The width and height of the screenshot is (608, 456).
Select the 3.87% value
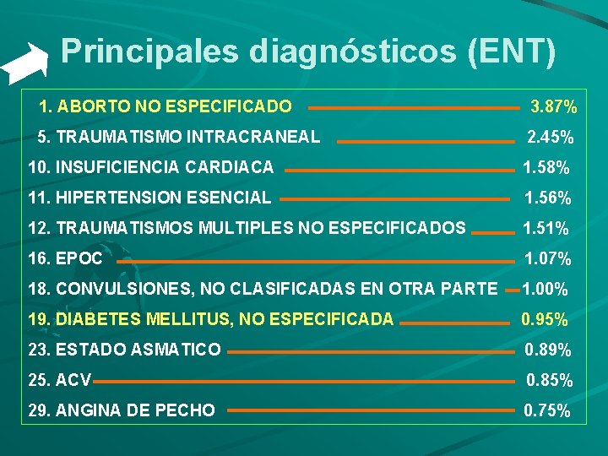[553, 107]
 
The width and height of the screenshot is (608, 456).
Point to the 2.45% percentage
[550, 137]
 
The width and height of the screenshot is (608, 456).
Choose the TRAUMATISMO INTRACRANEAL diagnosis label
[180, 136]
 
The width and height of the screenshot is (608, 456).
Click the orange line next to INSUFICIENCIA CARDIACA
[399, 170]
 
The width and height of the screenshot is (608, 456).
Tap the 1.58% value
[546, 167]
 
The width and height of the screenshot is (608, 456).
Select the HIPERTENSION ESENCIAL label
[149, 198]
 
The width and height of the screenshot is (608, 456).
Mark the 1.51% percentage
[546, 228]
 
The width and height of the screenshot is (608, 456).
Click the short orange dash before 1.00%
[512, 290]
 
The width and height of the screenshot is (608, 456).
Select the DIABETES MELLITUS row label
[210, 319]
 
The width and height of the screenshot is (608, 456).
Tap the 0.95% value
[545, 320]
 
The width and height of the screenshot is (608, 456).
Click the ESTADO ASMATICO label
[124, 350]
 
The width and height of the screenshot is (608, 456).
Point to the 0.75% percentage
[547, 411]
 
